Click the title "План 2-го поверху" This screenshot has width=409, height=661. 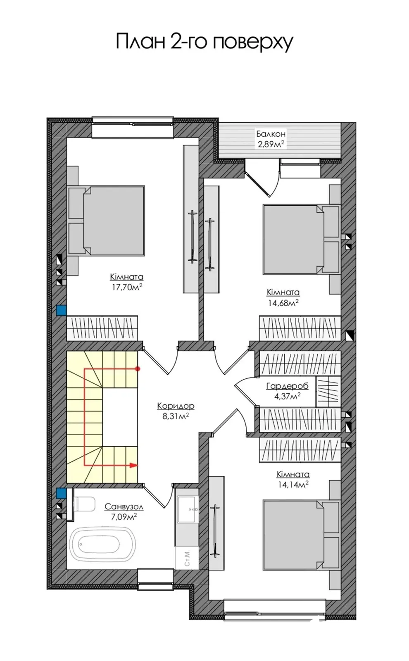204,43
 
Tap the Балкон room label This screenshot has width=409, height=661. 271,134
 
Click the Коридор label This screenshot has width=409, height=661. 176,406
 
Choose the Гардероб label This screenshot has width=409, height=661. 287,386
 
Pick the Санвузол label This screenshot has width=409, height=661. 124,506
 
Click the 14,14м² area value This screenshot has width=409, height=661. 292,484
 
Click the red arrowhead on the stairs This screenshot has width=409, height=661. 134,465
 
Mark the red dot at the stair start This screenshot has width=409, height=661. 137,369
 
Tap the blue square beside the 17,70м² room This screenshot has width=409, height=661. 62,310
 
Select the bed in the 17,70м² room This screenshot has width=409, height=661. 106,221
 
